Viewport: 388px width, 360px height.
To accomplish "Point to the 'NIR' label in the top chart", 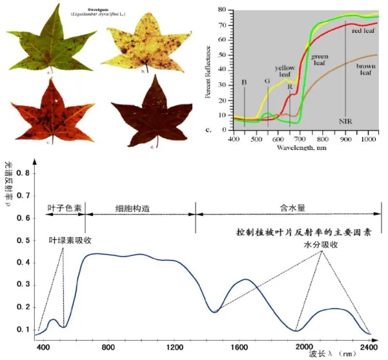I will pos(345,121).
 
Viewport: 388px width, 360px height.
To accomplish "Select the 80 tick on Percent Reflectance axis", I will pos(221,11).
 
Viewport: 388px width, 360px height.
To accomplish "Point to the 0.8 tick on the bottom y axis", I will pos(24,173).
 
